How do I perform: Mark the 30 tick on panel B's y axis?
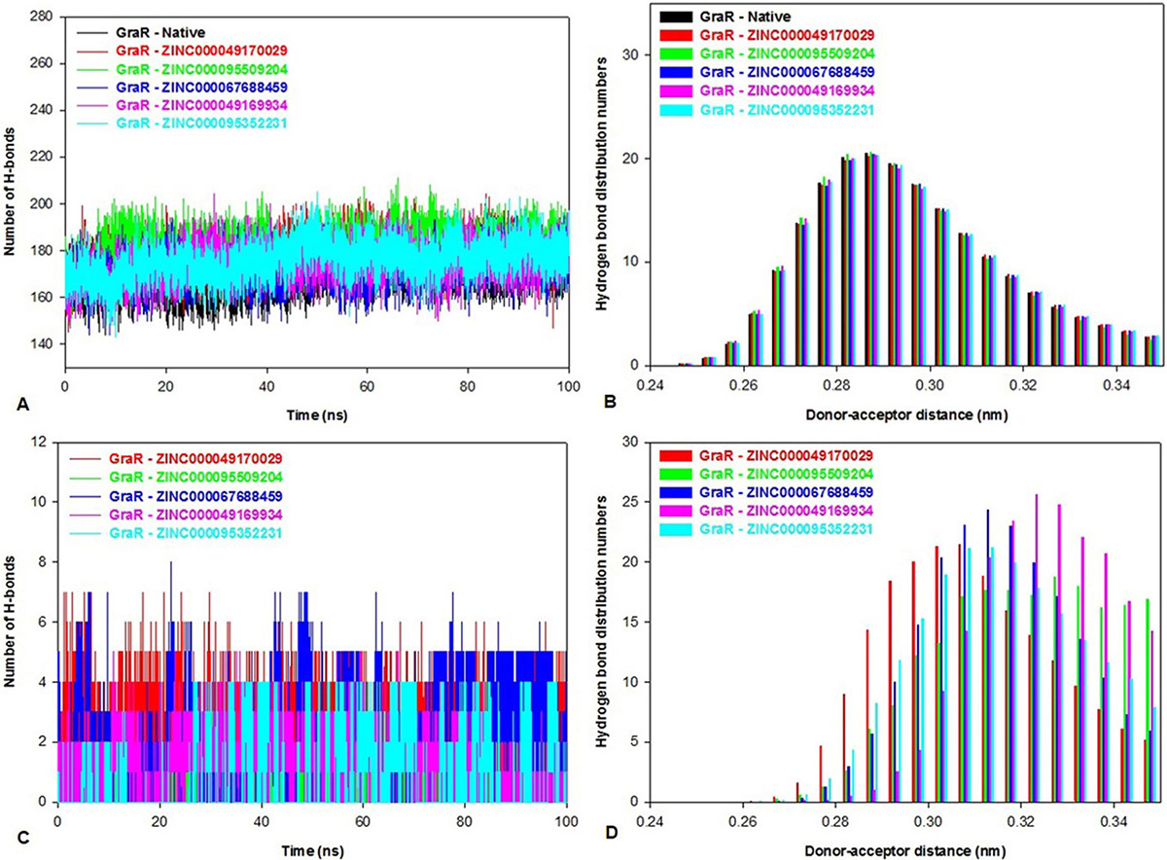coord(630,54)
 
